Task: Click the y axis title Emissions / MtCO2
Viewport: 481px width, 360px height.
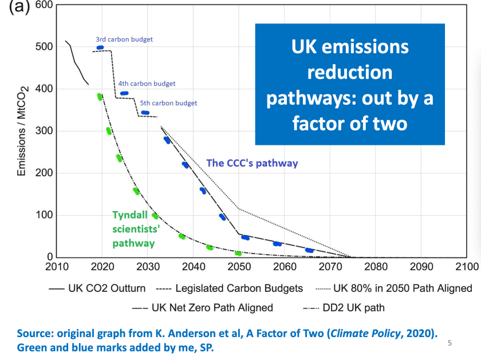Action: click(22, 131)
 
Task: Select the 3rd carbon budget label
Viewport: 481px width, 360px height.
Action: click(124, 39)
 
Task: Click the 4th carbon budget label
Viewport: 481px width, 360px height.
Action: click(147, 84)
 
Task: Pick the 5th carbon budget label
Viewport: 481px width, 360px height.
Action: click(168, 104)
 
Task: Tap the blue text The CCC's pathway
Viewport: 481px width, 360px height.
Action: click(252, 163)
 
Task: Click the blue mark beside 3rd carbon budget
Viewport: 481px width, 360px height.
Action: click(100, 48)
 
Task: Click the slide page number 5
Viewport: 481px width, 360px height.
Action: click(450, 343)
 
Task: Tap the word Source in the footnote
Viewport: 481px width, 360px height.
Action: click(33, 333)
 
